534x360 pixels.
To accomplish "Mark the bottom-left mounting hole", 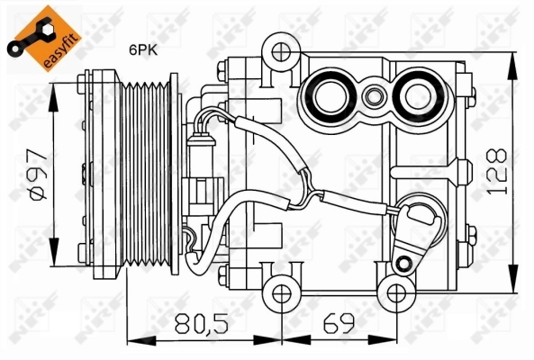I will tap(283, 292).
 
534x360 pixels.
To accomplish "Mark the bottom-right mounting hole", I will tap(393, 292).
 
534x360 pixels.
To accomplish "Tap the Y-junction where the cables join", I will tap(311, 192).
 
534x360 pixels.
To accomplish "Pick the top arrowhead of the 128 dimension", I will tap(512, 58).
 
